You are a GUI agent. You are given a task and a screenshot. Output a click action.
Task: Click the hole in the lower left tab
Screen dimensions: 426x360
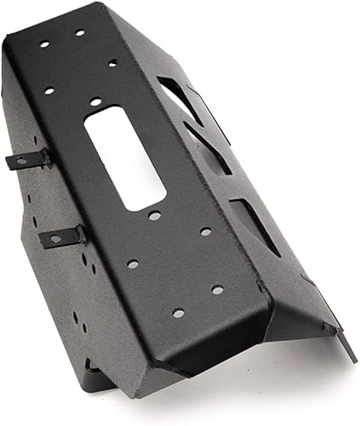(56, 239)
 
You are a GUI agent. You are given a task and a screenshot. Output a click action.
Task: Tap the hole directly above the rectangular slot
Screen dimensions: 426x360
(94, 100)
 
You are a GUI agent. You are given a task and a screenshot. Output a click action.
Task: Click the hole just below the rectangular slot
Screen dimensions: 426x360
(154, 216)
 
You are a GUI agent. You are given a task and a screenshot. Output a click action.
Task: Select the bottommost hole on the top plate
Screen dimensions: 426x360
(179, 313)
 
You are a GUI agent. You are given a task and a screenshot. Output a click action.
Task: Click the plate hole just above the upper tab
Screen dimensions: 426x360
(49, 89)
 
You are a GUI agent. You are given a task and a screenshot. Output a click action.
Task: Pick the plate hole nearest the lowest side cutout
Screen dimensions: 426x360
(206, 231)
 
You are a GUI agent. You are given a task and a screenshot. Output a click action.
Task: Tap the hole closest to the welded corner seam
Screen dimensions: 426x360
(218, 290)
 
